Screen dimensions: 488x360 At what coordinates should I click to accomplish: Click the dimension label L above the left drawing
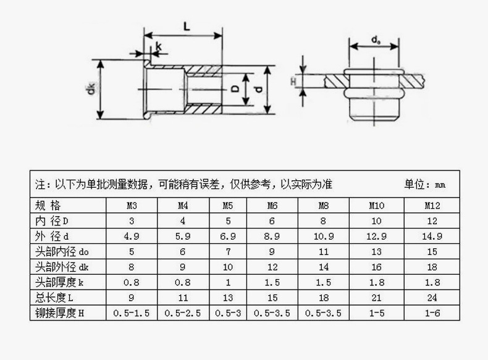(x=187, y=26)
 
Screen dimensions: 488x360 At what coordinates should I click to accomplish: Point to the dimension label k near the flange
(x=159, y=46)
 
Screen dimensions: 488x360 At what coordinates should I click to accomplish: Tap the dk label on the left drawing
(x=90, y=90)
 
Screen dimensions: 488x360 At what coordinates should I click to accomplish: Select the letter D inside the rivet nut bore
(x=235, y=90)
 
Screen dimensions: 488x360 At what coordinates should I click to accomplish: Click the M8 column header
(x=323, y=206)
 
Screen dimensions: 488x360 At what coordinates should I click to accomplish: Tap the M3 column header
(x=132, y=206)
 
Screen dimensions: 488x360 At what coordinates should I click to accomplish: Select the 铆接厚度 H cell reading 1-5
(x=377, y=313)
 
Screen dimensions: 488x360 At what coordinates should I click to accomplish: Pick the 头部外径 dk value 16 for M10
(x=377, y=267)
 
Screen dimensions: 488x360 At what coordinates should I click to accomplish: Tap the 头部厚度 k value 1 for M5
(x=228, y=282)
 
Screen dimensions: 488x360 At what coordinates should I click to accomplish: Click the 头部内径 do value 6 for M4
(x=183, y=251)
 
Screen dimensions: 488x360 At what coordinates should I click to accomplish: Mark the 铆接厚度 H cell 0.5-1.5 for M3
(x=132, y=313)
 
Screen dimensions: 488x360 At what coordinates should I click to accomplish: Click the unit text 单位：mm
(x=425, y=185)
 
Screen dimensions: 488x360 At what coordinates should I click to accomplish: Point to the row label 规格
(x=48, y=206)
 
